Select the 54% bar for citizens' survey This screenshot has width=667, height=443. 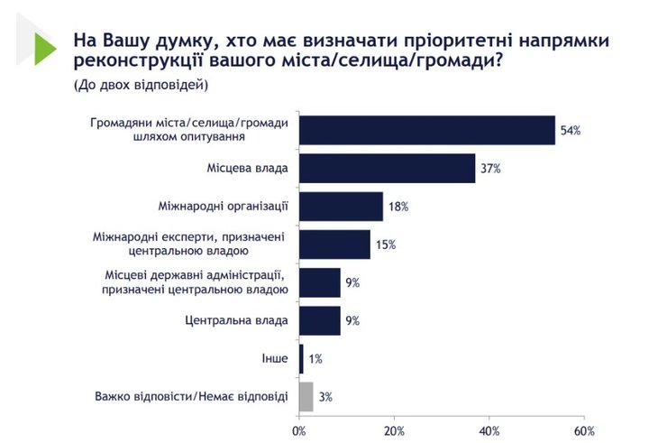coord(426,131)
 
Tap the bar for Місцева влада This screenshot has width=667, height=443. coord(387,169)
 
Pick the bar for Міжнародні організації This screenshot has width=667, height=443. coord(341,207)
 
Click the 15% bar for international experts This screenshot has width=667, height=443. coord(334,245)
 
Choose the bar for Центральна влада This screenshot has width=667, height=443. coord(319,320)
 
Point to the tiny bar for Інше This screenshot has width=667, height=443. coord(301,358)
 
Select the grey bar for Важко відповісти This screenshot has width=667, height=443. coord(306,396)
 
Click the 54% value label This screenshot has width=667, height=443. coord(571,131)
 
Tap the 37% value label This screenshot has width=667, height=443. coord(490,169)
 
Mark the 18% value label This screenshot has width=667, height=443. coord(398,207)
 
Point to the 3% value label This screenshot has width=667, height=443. coord(324,396)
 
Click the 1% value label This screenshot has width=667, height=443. coord(315,358)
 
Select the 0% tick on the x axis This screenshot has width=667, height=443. coord(299,429)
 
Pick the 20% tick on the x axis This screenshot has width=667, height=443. coord(394,429)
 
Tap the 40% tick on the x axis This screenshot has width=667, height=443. coord(489,429)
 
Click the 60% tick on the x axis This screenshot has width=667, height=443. coord(584,429)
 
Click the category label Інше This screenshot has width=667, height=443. coord(274,358)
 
